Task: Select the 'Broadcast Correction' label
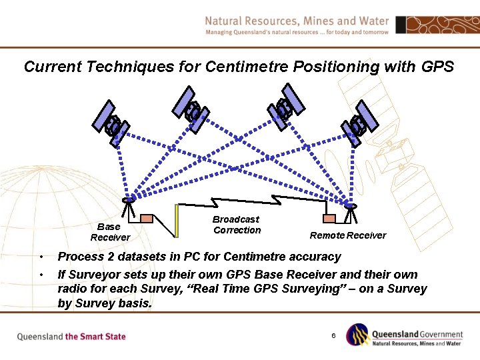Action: (237, 225)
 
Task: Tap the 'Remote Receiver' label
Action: (347, 235)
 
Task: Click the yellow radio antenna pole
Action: (177, 220)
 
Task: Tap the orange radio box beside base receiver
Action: (147, 217)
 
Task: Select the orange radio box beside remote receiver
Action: (329, 218)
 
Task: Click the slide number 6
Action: (333, 335)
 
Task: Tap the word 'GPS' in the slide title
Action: (437, 67)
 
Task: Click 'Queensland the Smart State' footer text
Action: (71, 337)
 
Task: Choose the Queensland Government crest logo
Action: (358, 335)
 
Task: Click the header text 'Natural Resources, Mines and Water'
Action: (297, 21)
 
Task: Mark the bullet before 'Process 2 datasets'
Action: (41, 257)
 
